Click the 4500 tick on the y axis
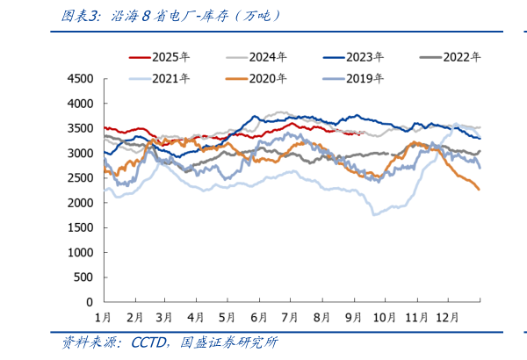tap(80, 79)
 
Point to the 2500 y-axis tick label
tap(80, 178)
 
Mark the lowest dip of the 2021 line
tap(374, 214)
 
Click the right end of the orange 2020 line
tap(479, 190)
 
